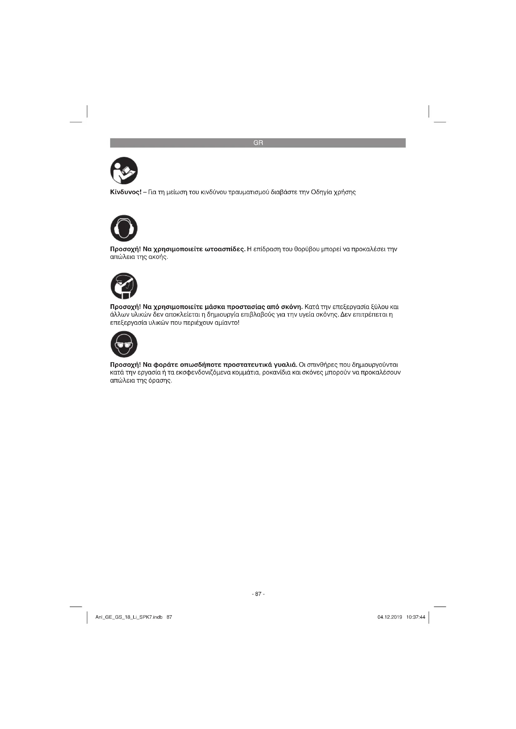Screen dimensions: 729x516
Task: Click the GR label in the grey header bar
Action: [258, 143]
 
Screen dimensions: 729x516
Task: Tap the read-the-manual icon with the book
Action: [124, 170]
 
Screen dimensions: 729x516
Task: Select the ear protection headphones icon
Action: [124, 228]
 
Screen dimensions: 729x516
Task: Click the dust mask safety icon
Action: [124, 286]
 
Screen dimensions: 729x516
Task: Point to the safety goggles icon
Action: [124, 344]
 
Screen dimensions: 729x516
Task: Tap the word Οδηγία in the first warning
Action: [322, 192]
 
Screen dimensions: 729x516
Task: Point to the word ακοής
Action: [158, 257]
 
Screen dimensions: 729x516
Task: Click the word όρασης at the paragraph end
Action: [160, 380]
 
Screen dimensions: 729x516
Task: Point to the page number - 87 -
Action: [258, 594]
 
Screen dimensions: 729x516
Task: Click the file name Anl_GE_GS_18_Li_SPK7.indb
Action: [129, 617]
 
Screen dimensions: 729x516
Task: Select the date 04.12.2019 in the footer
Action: [390, 617]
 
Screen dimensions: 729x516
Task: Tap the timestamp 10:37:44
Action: [415, 617]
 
